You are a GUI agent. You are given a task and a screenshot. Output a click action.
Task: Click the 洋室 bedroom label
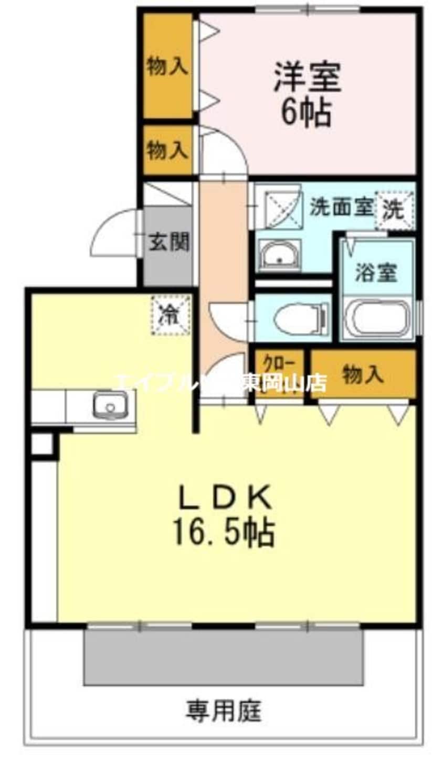(x=307, y=78)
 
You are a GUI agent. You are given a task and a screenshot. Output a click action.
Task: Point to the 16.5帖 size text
(x=223, y=533)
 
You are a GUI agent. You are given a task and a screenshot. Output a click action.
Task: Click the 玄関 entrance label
(x=168, y=242)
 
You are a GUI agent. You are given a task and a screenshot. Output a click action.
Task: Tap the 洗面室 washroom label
(x=341, y=207)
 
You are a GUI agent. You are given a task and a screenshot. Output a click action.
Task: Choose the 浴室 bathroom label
(x=376, y=272)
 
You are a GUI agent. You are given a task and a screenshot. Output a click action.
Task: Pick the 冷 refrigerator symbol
(x=170, y=315)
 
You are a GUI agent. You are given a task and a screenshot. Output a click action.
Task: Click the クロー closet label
(x=278, y=363)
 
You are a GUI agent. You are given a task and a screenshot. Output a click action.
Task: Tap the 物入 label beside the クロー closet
(x=362, y=374)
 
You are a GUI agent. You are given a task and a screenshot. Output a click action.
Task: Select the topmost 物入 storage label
(x=167, y=67)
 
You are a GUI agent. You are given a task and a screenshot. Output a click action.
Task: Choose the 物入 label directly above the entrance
(x=167, y=150)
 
